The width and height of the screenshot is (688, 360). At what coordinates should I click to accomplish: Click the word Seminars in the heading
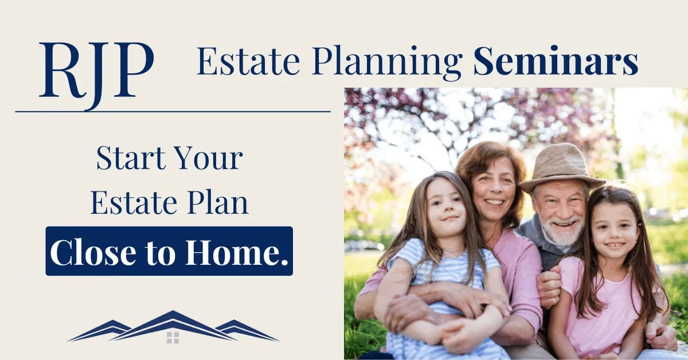coord(556,62)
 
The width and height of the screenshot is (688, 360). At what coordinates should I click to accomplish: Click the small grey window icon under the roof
coord(173,337)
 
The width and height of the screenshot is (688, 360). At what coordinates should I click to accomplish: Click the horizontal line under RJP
coord(173,111)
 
